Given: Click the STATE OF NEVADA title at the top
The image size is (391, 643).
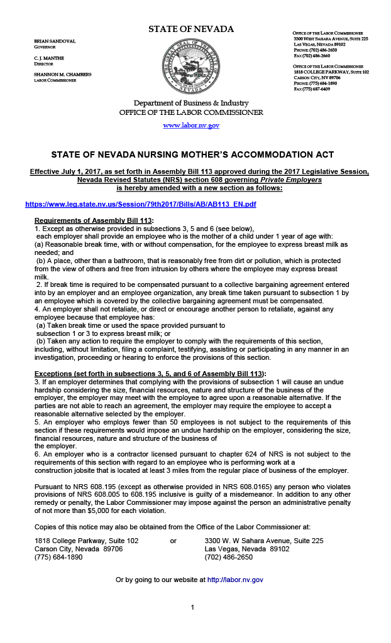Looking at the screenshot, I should coord(191,30).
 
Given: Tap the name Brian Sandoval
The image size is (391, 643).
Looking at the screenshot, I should coord(55,41).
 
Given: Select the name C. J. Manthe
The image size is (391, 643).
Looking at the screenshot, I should coord(50,58).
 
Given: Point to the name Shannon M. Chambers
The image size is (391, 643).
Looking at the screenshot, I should coord(62,75).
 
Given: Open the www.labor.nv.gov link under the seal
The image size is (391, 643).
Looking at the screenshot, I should coord(191,126).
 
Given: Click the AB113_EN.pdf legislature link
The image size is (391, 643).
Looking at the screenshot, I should coord(141,204).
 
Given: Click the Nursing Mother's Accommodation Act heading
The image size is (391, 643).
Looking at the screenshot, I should coord(192,154).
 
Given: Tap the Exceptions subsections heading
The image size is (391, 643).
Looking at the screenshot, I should coord(150,374).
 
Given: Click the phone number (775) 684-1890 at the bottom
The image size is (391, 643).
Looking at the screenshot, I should coord(58,557).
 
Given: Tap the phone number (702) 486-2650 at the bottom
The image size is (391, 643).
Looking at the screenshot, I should coord(229,557).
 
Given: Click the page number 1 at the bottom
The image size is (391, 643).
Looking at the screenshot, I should coord(192,607).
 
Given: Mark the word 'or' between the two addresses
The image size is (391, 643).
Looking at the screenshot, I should coord(173,541).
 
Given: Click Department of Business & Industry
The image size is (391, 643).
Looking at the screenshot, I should coord(191,103).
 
